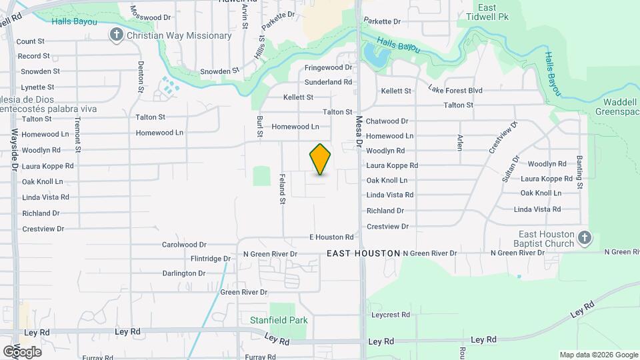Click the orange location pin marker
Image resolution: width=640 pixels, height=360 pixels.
click(x=320, y=159)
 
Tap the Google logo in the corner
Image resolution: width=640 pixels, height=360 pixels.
click(x=22, y=351)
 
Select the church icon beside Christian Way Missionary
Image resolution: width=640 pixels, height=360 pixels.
click(x=117, y=35)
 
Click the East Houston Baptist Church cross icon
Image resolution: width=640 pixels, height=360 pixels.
click(x=584, y=237)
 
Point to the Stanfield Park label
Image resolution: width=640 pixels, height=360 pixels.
click(x=279, y=320)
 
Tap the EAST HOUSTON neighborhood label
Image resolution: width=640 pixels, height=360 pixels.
click(x=363, y=253)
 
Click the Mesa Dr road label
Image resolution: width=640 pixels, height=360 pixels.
click(x=358, y=131)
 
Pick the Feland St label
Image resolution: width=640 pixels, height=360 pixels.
click(x=282, y=189)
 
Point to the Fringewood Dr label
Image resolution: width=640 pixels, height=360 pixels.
click(x=328, y=67)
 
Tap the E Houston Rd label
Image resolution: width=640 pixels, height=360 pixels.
click(x=331, y=237)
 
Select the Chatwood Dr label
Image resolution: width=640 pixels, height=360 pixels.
click(x=387, y=121)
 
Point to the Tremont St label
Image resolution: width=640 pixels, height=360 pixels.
click(x=77, y=131)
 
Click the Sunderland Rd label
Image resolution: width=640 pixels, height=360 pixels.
click(x=328, y=82)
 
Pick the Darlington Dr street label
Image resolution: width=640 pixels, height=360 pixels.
click(x=184, y=273)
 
